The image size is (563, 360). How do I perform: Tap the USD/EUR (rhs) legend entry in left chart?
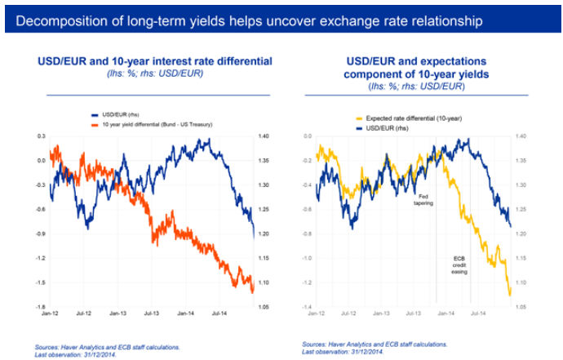[117, 115]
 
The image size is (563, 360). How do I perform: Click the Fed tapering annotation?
[423, 200]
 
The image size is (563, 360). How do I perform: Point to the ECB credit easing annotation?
[459, 266]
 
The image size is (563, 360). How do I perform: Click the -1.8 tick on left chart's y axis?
[38, 307]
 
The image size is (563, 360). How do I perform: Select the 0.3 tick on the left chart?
[39, 136]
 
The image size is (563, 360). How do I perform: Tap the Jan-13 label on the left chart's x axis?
[117, 313]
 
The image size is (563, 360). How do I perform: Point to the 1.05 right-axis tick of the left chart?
[264, 307]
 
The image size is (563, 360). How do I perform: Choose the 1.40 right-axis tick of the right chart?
[521, 136]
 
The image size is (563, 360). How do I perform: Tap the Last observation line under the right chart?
[342, 351]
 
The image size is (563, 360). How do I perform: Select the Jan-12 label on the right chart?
[317, 313]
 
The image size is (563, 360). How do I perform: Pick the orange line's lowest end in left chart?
[253, 291]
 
